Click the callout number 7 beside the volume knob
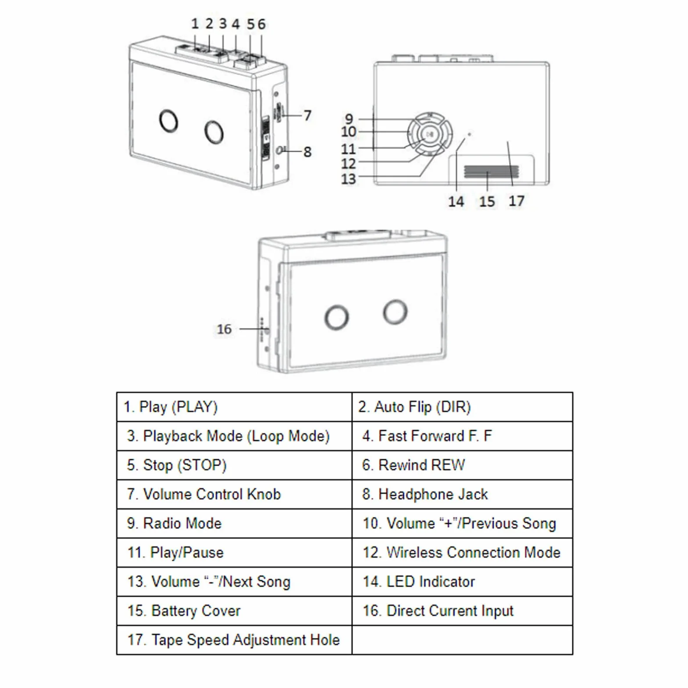pyautogui.click(x=307, y=115)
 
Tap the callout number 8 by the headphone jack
pyautogui.click(x=307, y=152)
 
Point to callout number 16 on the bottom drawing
pyautogui.click(x=224, y=329)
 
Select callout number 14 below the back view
pyautogui.click(x=456, y=201)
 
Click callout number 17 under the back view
pyautogui.click(x=517, y=201)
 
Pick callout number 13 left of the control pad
pyautogui.click(x=349, y=179)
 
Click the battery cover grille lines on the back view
pyautogui.click(x=492, y=172)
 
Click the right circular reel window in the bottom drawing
pyautogui.click(x=395, y=312)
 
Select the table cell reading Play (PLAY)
pyautogui.click(x=235, y=407)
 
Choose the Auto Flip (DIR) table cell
pyautogui.click(x=462, y=407)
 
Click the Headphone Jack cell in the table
pyautogui.click(x=462, y=494)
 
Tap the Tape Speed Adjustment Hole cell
pyautogui.click(x=235, y=640)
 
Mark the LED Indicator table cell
pyautogui.click(x=462, y=581)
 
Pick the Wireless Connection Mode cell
pyautogui.click(x=462, y=553)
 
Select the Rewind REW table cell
pyautogui.click(x=462, y=465)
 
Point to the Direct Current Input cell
pyautogui.click(x=462, y=611)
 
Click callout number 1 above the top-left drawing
pyautogui.click(x=195, y=24)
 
